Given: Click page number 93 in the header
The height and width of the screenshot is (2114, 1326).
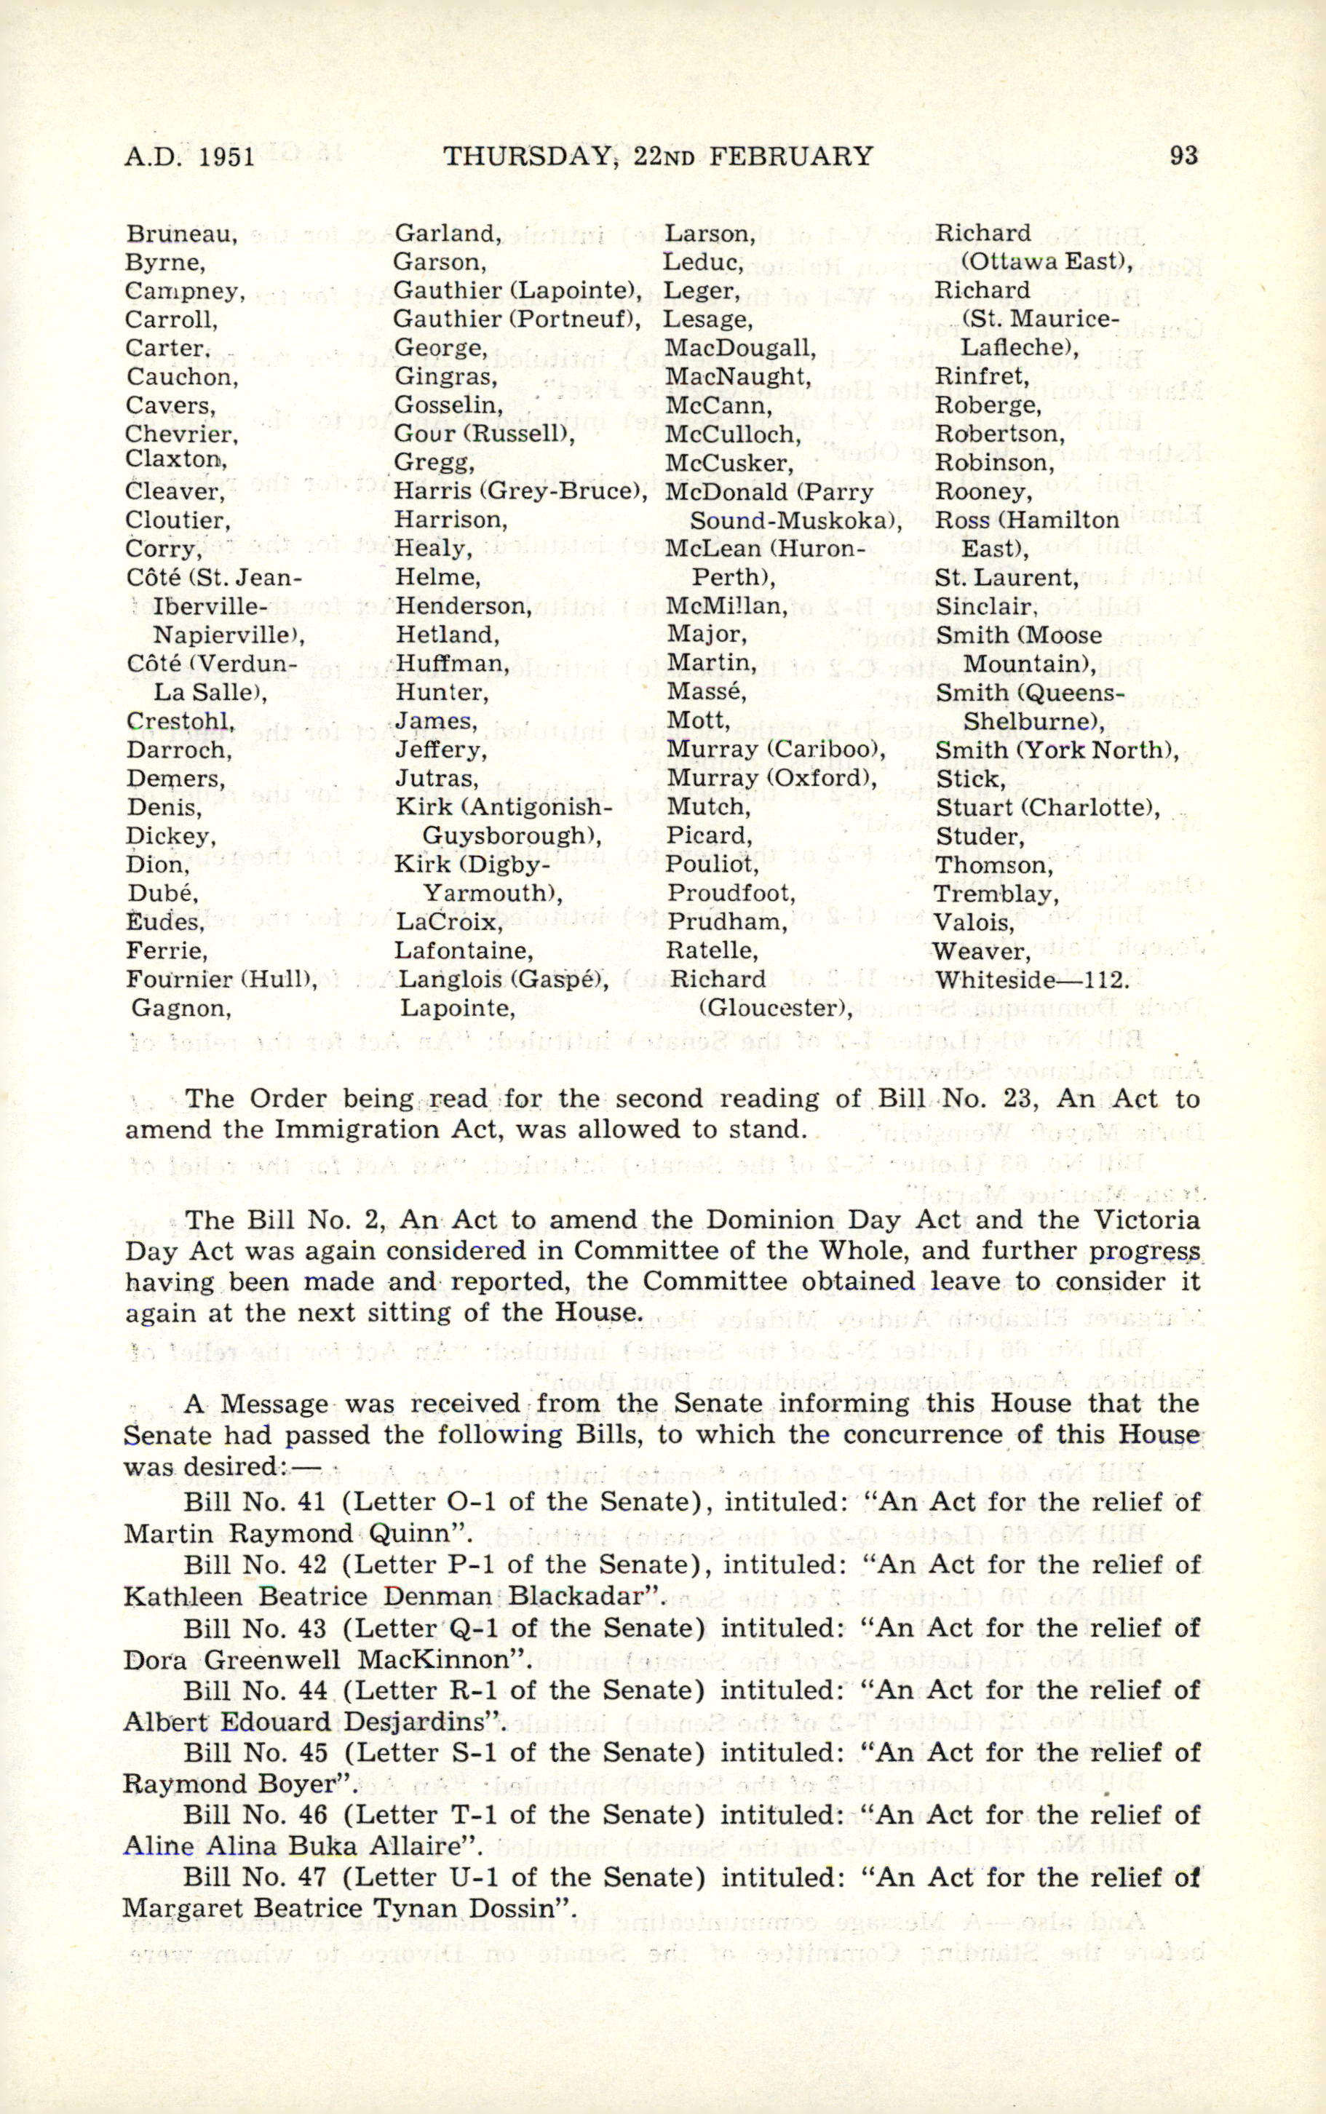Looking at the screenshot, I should (1183, 157).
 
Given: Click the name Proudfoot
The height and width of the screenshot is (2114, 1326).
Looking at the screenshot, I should (731, 894).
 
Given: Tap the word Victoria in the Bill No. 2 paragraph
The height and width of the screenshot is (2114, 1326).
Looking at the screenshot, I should (1138, 1220).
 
